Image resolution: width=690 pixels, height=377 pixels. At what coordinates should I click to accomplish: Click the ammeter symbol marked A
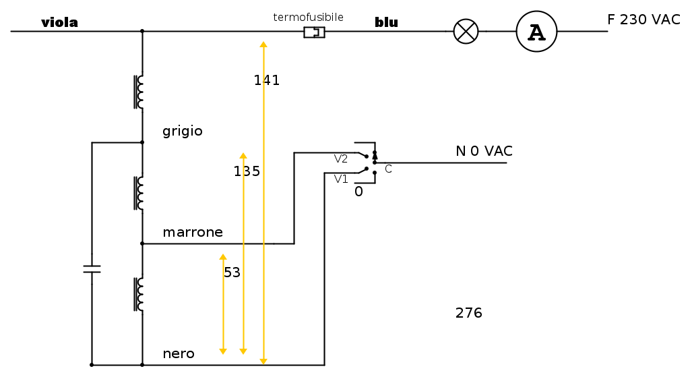pos(536,32)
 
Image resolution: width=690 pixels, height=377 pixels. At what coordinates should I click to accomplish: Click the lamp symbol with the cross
pos(466,31)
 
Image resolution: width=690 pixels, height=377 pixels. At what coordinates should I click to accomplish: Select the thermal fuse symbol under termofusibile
pos(314,32)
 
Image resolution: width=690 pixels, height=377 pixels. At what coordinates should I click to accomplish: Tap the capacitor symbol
pos(92,269)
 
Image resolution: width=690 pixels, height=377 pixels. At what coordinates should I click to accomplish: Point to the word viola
pos(59,23)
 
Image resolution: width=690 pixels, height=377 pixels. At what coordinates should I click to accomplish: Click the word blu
pos(386,23)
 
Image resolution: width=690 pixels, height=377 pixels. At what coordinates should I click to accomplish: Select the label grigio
pos(183,131)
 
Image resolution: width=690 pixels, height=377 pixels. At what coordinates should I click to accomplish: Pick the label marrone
pos(193,232)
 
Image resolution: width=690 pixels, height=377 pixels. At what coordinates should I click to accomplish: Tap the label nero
pos(179,353)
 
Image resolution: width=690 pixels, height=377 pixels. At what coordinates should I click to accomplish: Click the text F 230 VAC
pos(644,20)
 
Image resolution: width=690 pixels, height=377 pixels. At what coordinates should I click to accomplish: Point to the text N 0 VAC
pos(484,151)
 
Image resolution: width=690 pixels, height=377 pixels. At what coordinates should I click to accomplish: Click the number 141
pos(267,80)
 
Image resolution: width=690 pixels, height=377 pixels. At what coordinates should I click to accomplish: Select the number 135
pos(247,171)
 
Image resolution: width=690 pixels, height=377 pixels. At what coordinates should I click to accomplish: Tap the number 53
pos(232,272)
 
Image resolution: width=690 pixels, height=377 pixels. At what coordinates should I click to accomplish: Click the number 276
pos(469,313)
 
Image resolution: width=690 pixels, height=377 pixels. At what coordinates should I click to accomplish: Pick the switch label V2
pos(341,159)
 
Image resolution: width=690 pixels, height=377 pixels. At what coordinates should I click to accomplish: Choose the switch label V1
pos(341,179)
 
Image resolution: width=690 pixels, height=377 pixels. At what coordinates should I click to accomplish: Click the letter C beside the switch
pos(388,169)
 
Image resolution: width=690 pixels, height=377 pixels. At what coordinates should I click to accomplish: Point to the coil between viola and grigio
pos(139,91)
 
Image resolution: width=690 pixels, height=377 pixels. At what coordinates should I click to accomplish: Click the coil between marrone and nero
pos(139,294)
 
